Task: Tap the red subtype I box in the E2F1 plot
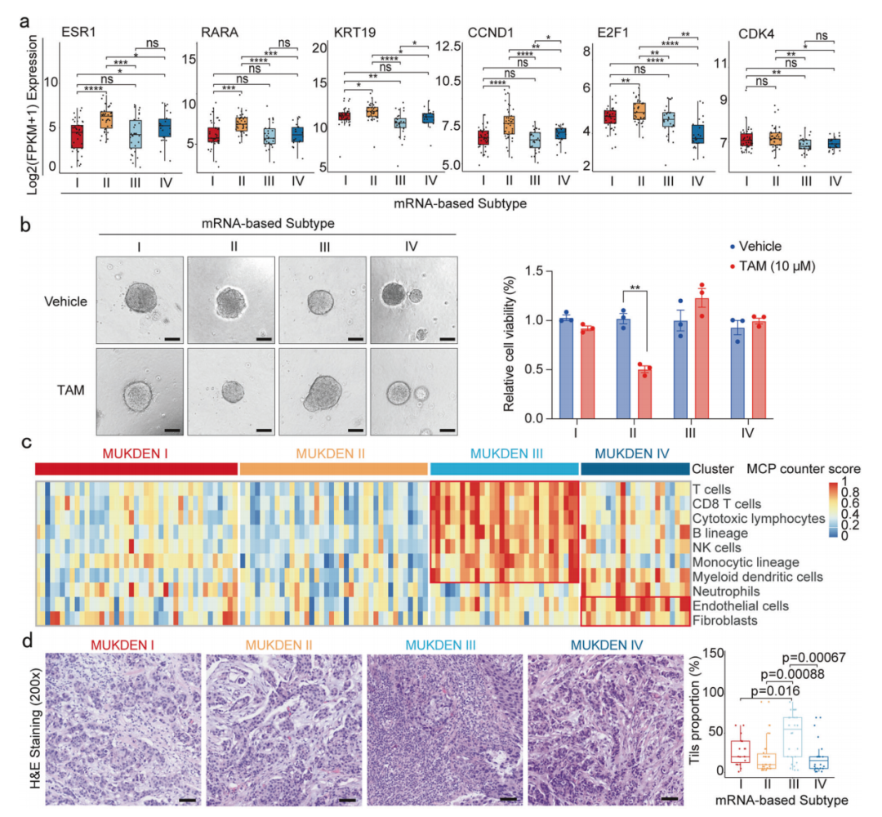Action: coord(610,116)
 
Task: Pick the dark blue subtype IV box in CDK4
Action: coord(833,144)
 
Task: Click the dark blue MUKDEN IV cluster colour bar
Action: coord(634,469)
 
